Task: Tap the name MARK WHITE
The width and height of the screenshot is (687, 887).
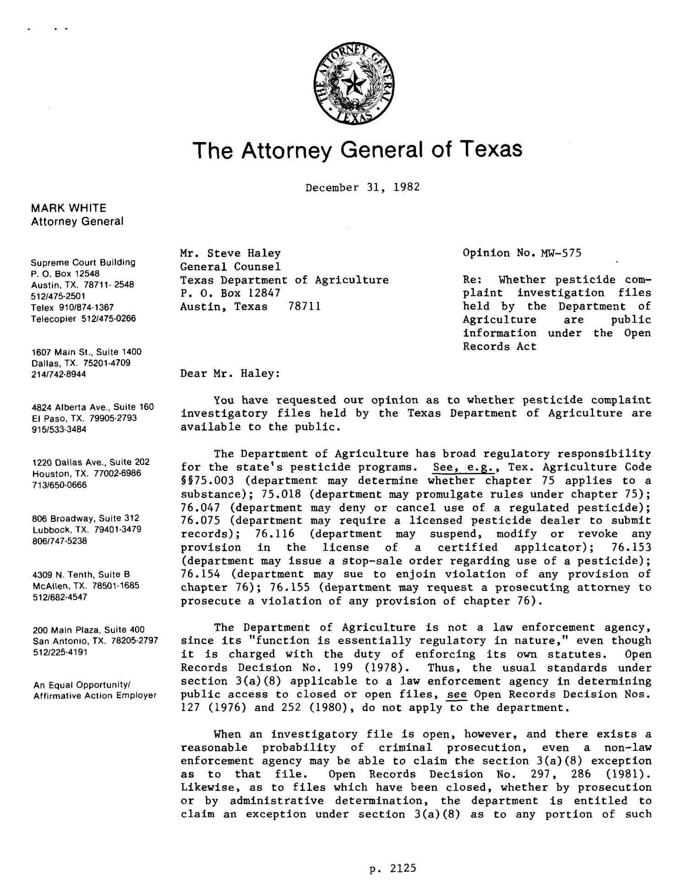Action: (69, 208)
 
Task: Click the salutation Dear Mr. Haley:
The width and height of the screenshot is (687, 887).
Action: (230, 373)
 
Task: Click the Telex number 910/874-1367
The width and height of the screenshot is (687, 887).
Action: (87, 307)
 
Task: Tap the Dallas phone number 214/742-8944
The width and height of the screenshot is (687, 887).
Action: (59, 374)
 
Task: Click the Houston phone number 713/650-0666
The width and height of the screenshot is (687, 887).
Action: (59, 485)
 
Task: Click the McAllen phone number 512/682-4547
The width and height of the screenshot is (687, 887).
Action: (59, 597)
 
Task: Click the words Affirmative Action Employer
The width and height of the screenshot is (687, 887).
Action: (95, 695)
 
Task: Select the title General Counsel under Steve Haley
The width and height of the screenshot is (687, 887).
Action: (230, 267)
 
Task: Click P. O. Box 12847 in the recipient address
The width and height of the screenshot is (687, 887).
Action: (230, 293)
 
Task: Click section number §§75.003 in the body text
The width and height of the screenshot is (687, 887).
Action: (207, 481)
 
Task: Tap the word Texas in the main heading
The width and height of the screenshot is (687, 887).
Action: (491, 149)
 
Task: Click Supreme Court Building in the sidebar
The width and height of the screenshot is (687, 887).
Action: (83, 263)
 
